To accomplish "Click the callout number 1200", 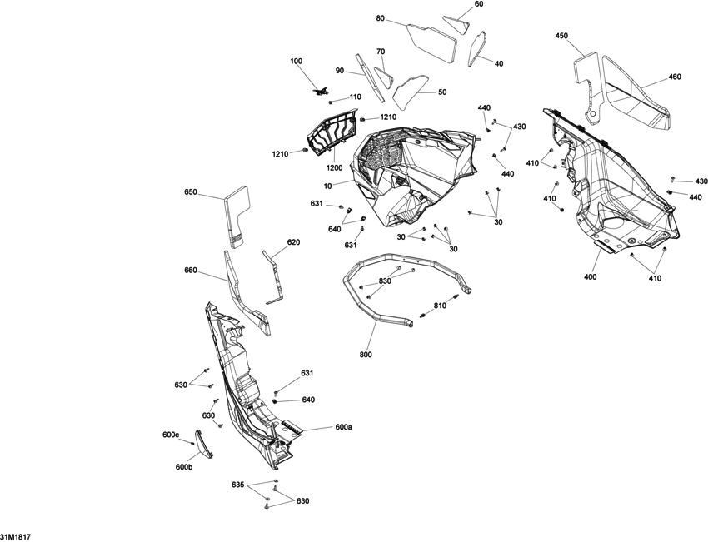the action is [334, 168].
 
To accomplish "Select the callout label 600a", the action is [343, 427].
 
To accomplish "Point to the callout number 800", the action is [366, 355].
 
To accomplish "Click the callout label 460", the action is [675, 77].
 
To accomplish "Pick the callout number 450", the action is [561, 36].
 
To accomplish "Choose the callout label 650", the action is [191, 191].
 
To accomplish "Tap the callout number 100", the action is [297, 61].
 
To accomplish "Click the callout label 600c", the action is [171, 435].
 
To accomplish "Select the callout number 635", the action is [238, 485].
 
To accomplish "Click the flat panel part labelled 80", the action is [431, 42].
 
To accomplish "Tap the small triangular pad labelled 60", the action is [456, 24].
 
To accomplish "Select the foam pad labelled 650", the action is [237, 216].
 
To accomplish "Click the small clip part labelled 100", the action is [320, 92].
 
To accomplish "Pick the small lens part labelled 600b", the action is [202, 444].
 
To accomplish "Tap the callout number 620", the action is [293, 242].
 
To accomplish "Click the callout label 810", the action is [440, 306].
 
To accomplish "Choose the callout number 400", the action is [591, 276].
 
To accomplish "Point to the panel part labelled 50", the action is [410, 89].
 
